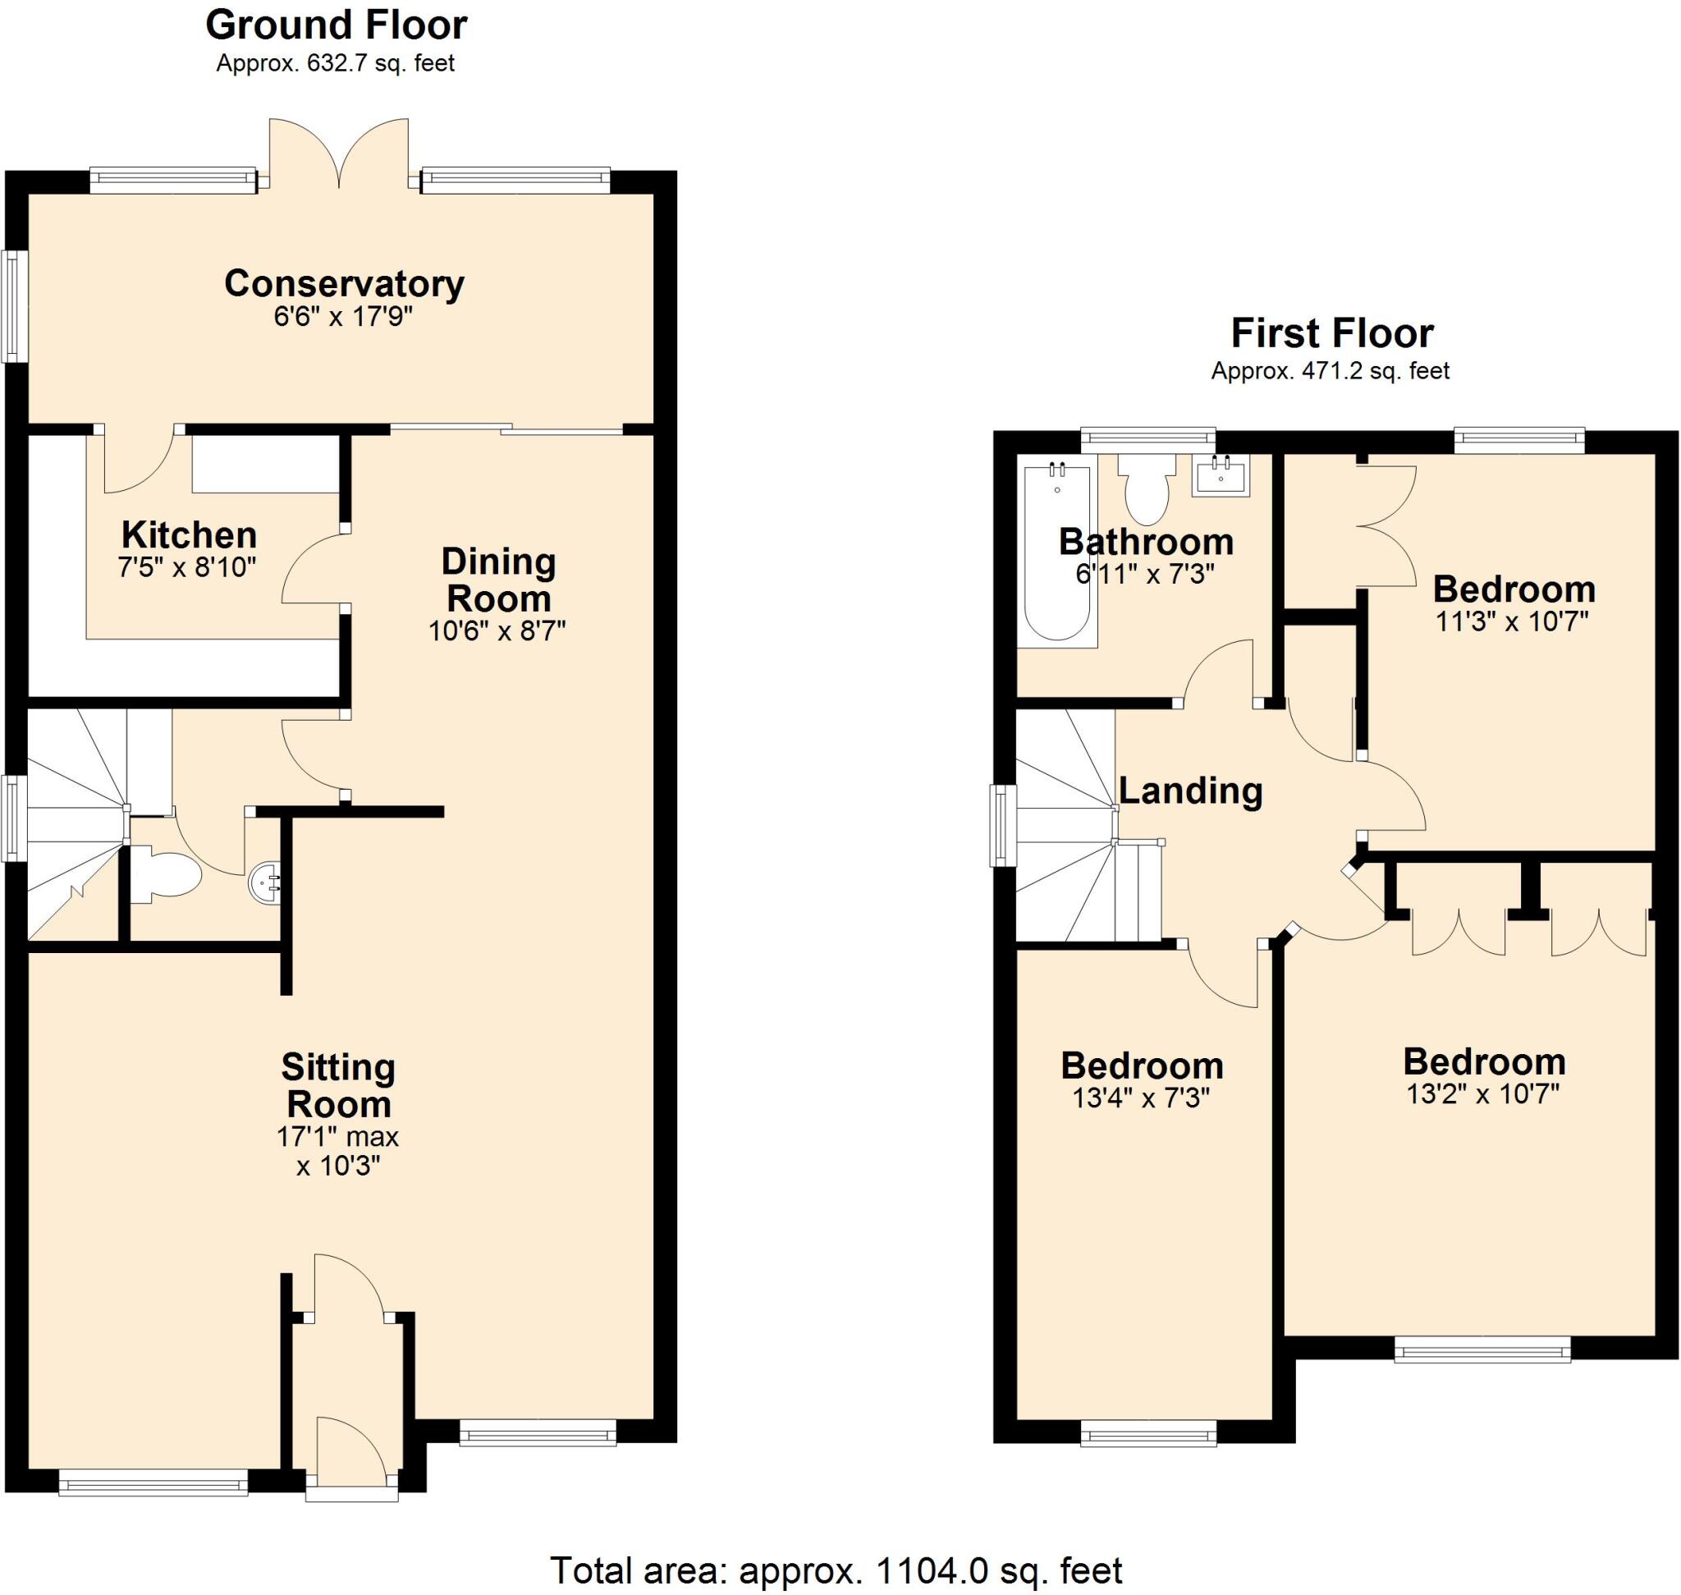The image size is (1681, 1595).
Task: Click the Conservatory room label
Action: coord(344,283)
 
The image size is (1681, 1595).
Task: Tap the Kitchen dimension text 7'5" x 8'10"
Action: coord(187,567)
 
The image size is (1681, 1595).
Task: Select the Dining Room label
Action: coord(498,580)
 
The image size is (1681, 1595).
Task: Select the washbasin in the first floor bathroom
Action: coord(1221,475)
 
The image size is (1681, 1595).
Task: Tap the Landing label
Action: coord(1189,791)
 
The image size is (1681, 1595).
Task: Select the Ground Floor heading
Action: coord(336,25)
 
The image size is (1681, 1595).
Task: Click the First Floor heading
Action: coord(1331,332)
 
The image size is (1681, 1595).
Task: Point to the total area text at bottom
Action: coord(836,1570)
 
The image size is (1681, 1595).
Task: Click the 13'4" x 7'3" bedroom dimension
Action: coord(1141,1098)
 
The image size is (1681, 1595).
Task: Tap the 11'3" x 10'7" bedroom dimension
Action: coord(1512,621)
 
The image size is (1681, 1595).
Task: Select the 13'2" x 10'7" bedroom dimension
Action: coord(1483,1094)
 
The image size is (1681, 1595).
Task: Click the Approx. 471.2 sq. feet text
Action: coord(1330,372)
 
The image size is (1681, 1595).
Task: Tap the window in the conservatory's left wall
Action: coord(13,306)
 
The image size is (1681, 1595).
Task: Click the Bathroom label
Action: coord(1145,542)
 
